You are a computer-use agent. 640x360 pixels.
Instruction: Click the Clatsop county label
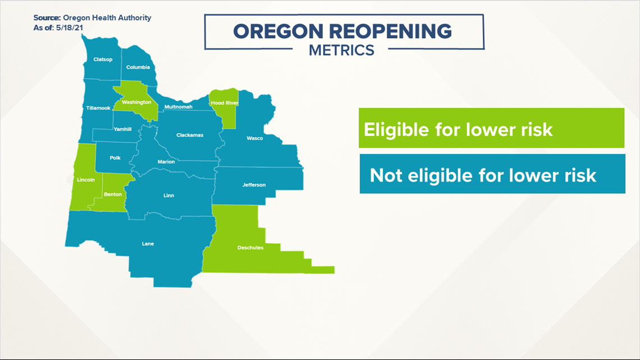(103, 60)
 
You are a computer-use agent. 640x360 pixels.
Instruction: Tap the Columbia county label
(138, 67)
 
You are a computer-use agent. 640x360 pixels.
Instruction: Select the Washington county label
(137, 102)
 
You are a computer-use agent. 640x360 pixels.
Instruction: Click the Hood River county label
(224, 103)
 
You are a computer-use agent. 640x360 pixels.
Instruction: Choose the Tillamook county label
(98, 108)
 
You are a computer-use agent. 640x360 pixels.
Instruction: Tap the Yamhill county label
(122, 129)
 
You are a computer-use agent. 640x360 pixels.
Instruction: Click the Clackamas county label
(190, 135)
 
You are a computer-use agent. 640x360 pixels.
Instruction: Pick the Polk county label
(115, 158)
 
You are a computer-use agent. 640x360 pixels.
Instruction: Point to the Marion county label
(166, 162)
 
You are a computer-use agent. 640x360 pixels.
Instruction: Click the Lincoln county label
(86, 180)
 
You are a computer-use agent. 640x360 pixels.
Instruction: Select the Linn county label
(168, 195)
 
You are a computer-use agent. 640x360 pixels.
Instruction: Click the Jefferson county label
(254, 185)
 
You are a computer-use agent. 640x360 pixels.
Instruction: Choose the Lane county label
(148, 244)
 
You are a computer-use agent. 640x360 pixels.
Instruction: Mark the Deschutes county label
(250, 247)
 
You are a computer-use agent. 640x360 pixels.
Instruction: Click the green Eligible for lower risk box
(492, 128)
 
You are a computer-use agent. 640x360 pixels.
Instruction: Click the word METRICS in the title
(341, 50)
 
